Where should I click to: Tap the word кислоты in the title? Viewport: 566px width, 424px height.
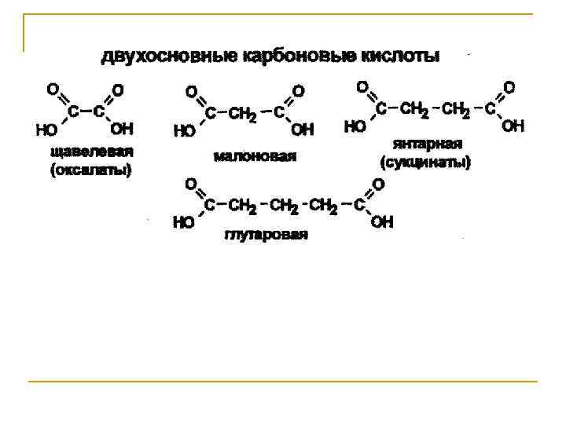coord(400,57)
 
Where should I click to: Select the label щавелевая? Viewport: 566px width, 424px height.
coord(91,152)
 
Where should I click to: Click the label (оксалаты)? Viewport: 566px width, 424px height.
coord(91,169)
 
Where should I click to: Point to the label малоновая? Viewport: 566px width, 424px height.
coord(255,156)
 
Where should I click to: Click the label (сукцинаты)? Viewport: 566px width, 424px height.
coord(427,163)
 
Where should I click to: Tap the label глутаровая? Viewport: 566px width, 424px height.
coord(266,235)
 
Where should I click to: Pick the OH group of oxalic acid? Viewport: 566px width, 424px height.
coord(122,128)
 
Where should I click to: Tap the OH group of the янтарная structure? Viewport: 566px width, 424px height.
coord(512,126)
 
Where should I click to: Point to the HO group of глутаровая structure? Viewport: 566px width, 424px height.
coord(183,223)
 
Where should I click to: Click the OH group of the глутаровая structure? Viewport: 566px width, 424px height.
coord(382,223)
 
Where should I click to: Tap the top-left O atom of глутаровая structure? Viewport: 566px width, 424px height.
coord(190,183)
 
